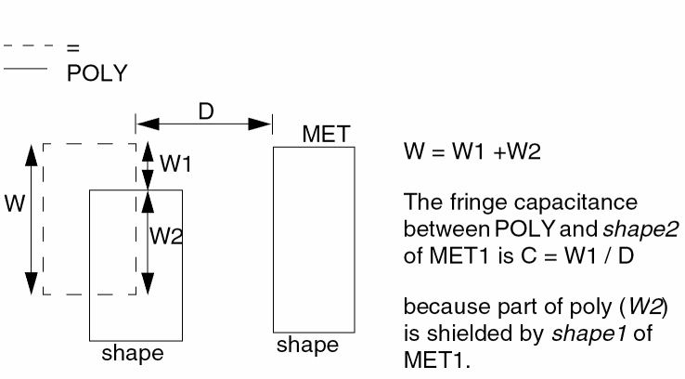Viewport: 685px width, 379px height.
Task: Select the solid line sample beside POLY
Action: (26, 68)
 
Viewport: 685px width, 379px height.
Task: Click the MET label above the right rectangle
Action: (325, 136)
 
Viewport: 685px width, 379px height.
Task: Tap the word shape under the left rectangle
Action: (134, 353)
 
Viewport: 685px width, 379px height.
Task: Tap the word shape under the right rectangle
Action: (308, 346)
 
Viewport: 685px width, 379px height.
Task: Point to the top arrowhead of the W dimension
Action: (32, 151)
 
